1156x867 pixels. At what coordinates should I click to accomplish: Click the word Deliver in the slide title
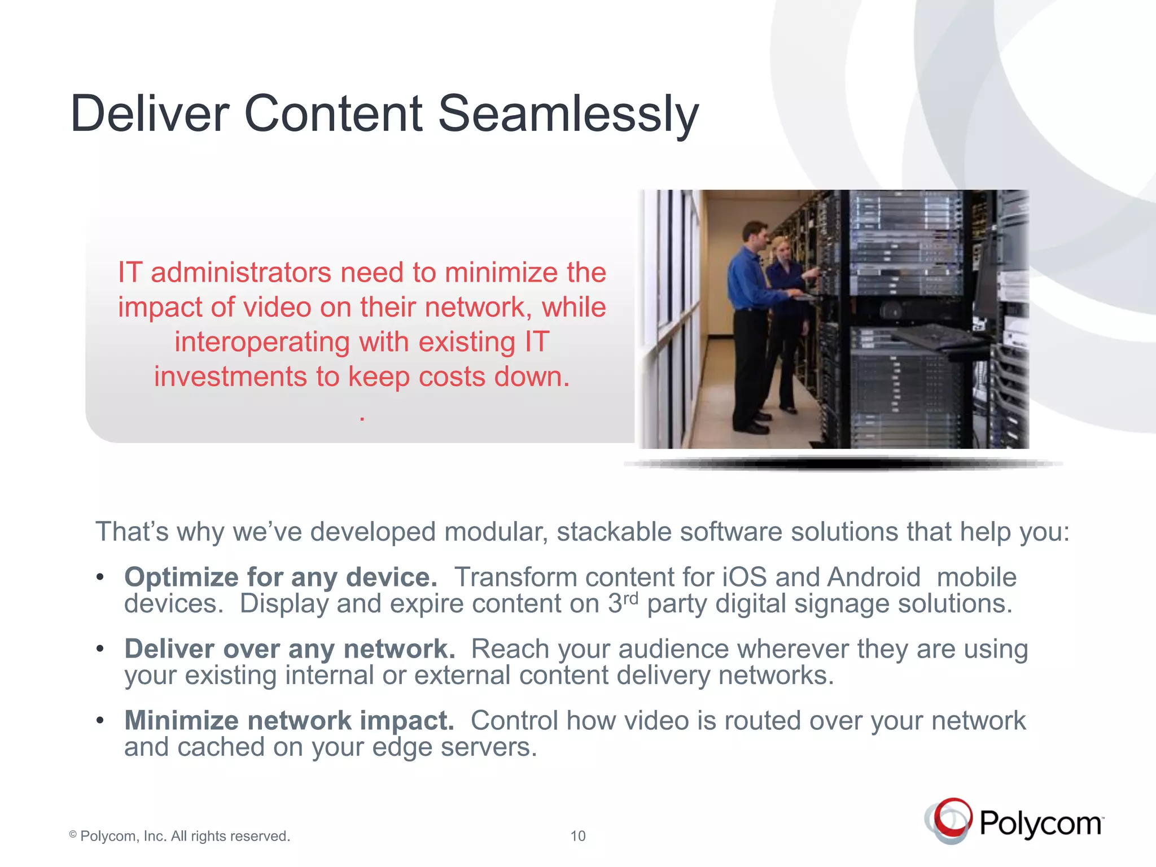150,114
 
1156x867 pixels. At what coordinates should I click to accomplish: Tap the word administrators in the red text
241,273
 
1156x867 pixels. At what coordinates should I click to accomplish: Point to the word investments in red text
231,376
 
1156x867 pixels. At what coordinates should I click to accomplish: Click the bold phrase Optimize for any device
281,577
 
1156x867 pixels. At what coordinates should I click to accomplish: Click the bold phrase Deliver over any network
290,649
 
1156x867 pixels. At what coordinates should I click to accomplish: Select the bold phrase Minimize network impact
289,721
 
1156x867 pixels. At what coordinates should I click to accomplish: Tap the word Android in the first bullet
874,577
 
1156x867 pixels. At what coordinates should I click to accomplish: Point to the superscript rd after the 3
630,598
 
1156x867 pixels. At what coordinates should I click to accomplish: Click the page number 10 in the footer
577,836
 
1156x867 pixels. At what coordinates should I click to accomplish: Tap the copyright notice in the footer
179,836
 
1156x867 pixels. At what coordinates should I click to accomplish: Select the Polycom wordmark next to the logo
1040,824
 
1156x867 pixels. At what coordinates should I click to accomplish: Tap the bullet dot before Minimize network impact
100,721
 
